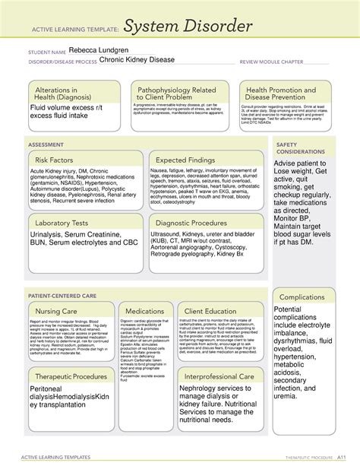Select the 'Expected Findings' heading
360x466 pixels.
[x=187, y=160]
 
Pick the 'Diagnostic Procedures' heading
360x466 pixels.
[x=193, y=223]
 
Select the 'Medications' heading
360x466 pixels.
[x=144, y=311]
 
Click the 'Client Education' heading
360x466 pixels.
[x=210, y=311]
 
